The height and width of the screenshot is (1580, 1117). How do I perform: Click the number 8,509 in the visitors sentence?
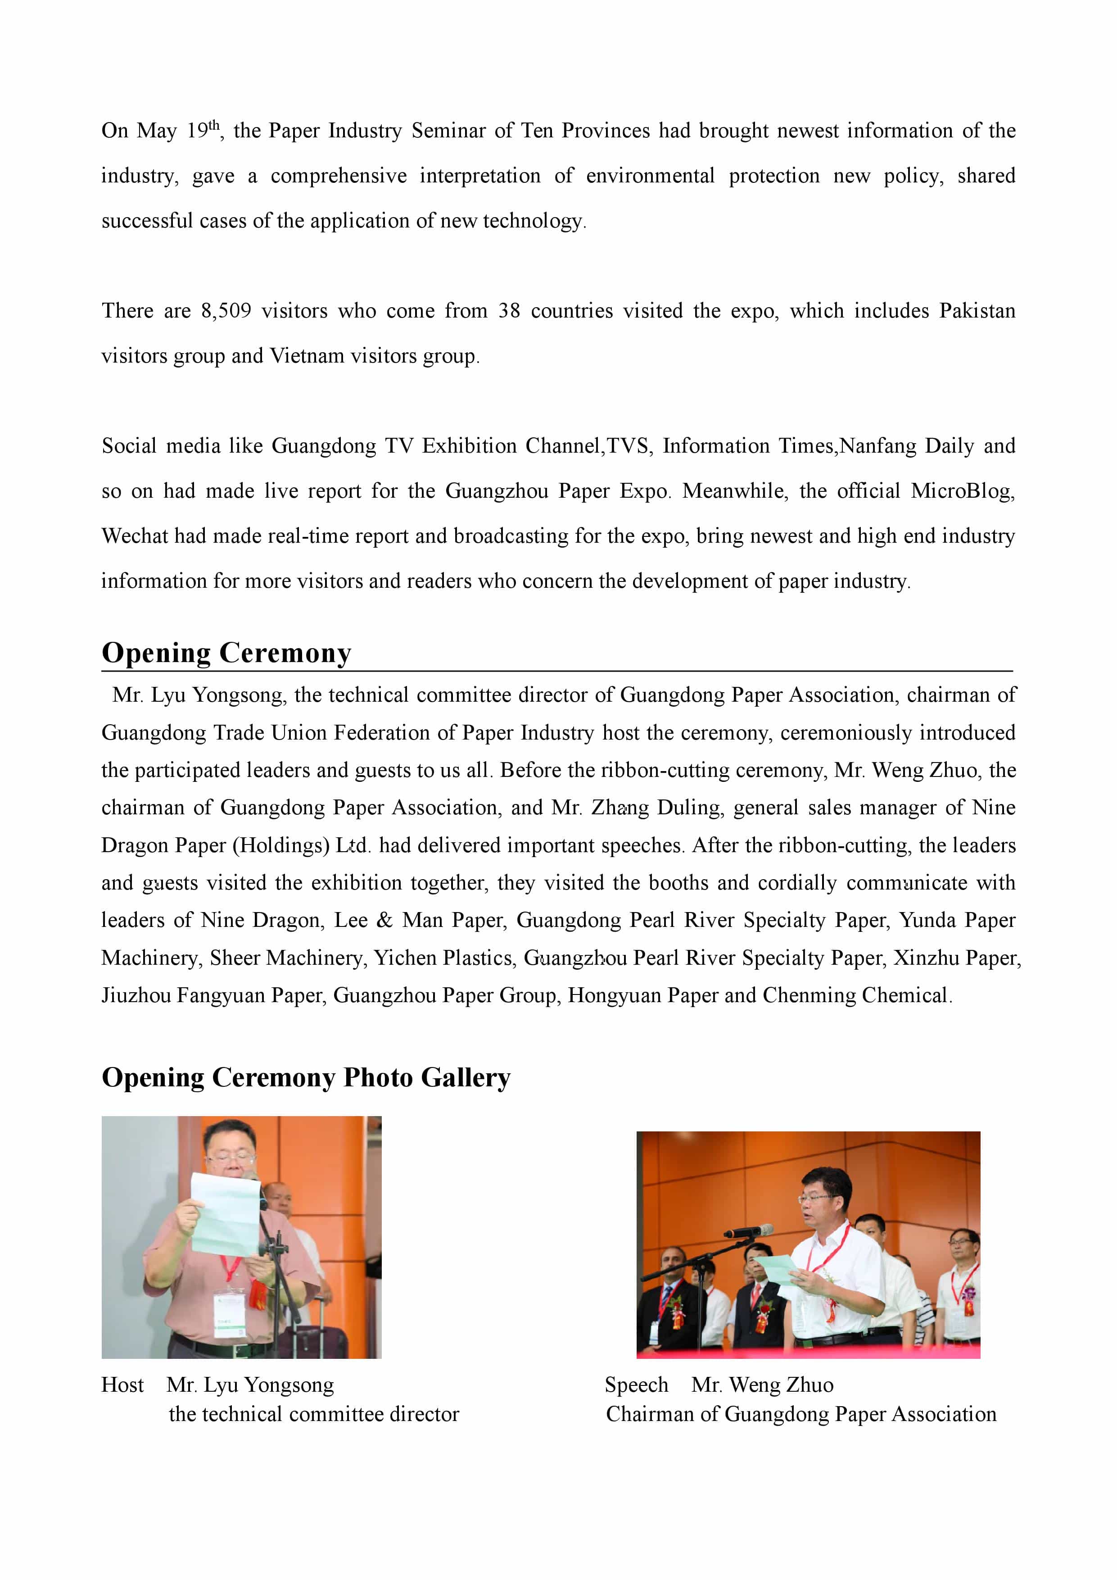click(x=226, y=311)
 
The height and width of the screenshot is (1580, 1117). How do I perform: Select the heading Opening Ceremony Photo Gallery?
click(x=306, y=1078)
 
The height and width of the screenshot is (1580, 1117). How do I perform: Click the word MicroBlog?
click(x=962, y=491)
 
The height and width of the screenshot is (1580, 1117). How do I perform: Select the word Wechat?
click(x=134, y=536)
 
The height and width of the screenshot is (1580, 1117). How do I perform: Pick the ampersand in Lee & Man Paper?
click(x=384, y=921)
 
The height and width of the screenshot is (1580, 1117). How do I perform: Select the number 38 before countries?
click(x=509, y=311)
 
